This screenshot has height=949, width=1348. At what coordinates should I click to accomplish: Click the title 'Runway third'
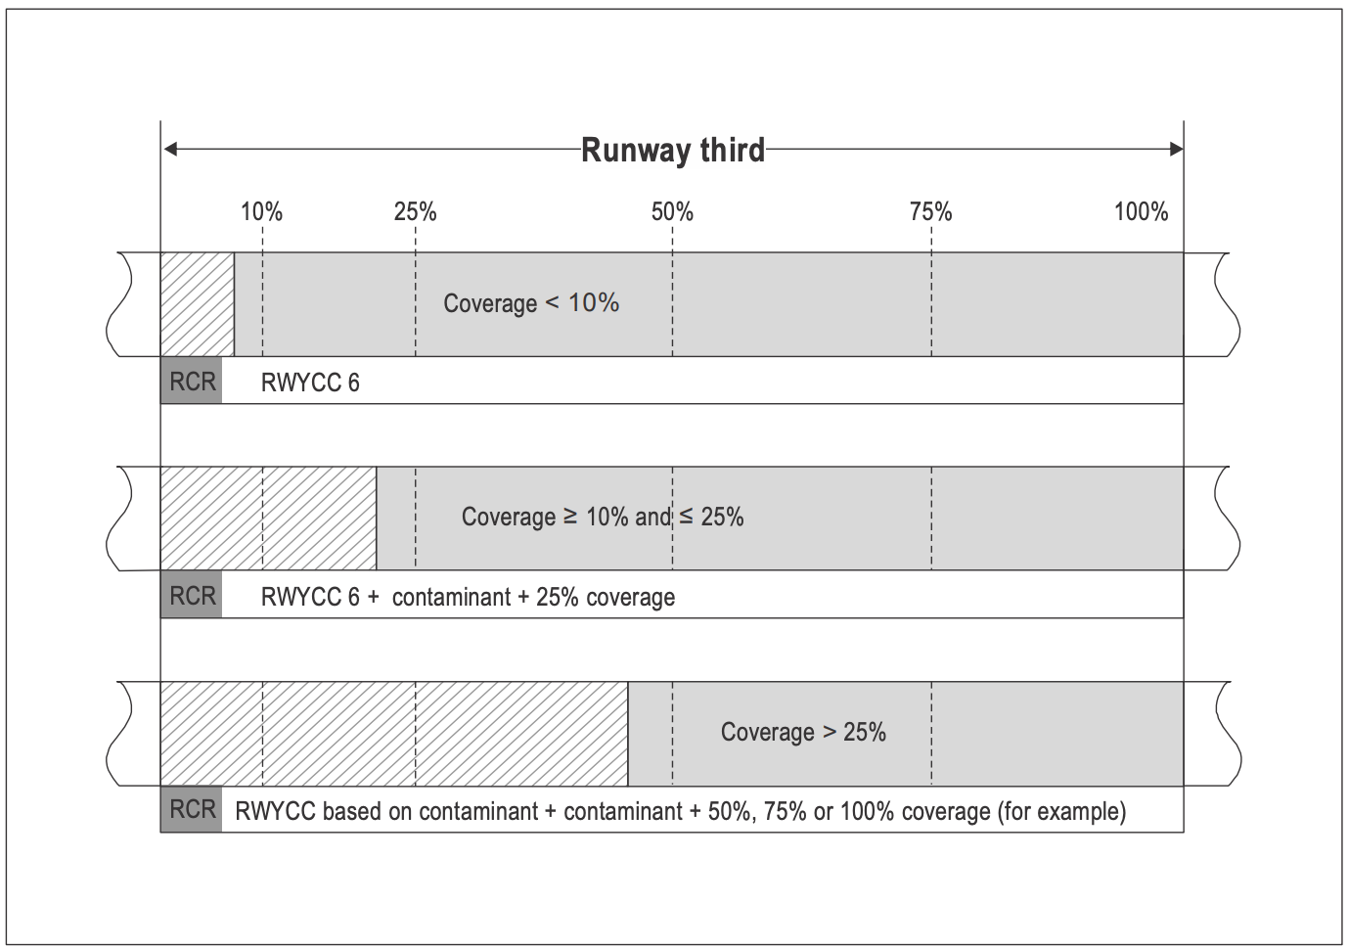[672, 151]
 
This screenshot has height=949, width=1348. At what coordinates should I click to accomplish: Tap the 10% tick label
[261, 211]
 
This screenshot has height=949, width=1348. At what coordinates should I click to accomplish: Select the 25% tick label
[415, 211]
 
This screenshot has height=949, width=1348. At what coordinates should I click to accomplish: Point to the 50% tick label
[672, 211]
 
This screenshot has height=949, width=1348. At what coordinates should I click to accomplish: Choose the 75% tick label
[930, 211]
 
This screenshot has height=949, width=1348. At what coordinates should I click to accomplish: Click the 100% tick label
[1141, 211]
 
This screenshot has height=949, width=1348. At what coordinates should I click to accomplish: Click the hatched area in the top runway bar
[198, 304]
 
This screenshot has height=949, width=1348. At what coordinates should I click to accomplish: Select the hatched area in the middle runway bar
[268, 519]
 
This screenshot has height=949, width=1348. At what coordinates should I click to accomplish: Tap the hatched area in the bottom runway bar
[393, 734]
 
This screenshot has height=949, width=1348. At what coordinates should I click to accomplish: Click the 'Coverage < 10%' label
[531, 303]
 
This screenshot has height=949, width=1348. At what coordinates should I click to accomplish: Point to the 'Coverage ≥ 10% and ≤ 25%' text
[603, 517]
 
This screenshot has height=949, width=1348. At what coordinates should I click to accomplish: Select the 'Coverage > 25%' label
[803, 732]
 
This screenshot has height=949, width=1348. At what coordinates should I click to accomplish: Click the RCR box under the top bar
[192, 381]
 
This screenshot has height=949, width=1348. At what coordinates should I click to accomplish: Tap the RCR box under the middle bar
[192, 595]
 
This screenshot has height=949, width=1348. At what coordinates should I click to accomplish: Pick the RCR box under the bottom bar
[192, 809]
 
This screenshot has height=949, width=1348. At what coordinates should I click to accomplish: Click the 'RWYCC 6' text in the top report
[310, 383]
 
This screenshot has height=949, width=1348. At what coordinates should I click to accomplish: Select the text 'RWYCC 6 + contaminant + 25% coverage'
[468, 597]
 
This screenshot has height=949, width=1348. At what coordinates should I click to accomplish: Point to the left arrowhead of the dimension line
[170, 150]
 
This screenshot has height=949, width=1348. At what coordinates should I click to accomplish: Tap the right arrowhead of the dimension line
[1175, 150]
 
